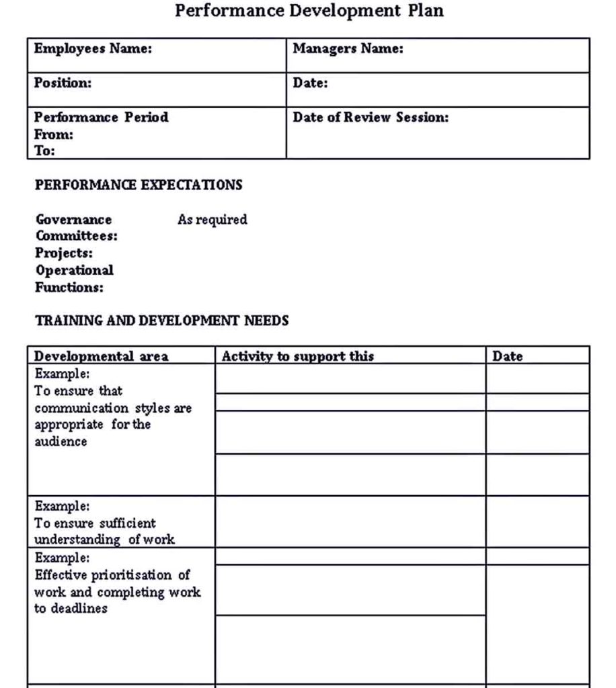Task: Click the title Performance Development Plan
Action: click(309, 11)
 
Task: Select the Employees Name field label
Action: click(93, 48)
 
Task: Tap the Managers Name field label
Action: click(348, 48)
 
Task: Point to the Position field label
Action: click(63, 83)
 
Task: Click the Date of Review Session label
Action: click(371, 117)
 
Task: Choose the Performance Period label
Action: click(101, 117)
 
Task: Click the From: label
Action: click(54, 134)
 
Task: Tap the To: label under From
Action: click(45, 150)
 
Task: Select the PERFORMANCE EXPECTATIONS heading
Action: click(138, 185)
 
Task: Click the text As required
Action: click(212, 219)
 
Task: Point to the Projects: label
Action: click(64, 253)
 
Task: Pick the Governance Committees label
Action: click(75, 228)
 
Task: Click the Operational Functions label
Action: click(74, 279)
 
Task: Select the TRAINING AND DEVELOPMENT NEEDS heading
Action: click(161, 320)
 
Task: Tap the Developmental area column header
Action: click(101, 356)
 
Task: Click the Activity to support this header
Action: click(297, 356)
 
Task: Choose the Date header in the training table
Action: click(507, 356)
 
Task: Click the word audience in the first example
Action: click(61, 441)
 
